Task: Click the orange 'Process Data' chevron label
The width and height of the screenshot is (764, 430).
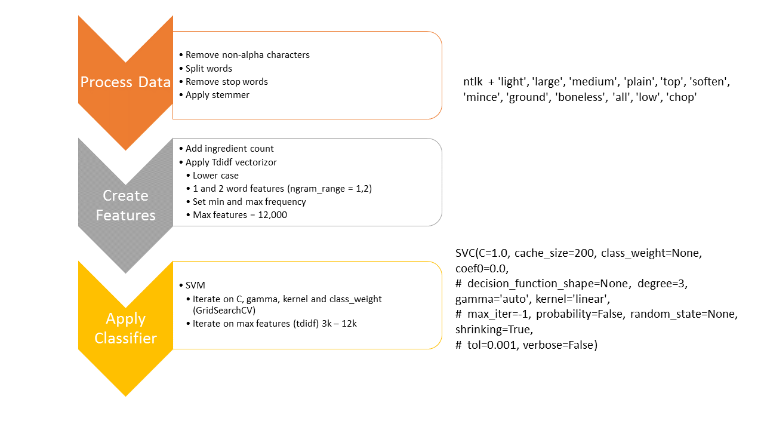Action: click(125, 82)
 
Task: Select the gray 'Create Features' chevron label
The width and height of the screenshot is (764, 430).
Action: click(125, 205)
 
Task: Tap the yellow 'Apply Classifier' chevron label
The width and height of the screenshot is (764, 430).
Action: click(125, 328)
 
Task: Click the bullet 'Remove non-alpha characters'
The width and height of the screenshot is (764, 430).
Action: click(247, 55)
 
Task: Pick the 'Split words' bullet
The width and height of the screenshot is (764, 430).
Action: click(208, 69)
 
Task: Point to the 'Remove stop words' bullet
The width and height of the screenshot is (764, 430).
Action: click(226, 82)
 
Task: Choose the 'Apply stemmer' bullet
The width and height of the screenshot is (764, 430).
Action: click(217, 95)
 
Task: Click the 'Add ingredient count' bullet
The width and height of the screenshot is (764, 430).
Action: click(229, 149)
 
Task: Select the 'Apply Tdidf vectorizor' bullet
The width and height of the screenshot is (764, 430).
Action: click(231, 162)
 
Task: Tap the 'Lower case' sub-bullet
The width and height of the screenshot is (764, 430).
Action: click(215, 176)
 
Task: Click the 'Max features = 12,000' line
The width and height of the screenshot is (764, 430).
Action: click(239, 215)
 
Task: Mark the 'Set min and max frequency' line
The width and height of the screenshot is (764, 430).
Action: click(249, 202)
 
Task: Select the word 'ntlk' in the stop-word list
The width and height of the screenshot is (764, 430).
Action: click(473, 82)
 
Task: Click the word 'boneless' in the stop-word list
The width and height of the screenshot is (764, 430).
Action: click(580, 97)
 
